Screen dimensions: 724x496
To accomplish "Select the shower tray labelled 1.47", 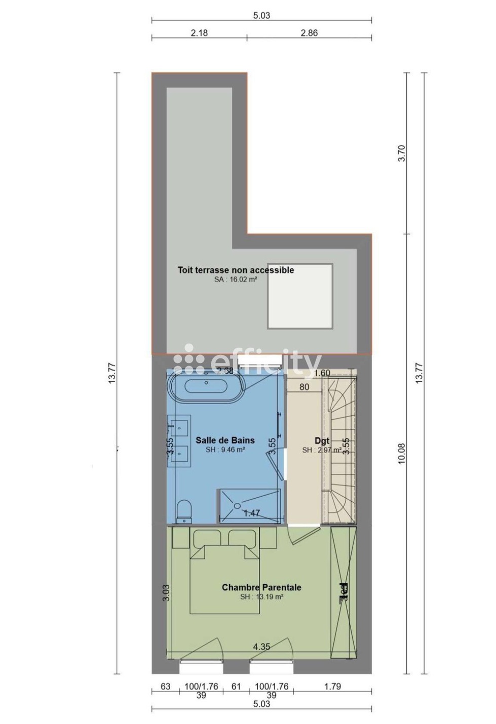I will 249,506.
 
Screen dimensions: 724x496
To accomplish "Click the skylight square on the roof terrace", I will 300,296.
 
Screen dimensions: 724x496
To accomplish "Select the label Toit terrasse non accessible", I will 236,270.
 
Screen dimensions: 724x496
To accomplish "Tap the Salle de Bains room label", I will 225,440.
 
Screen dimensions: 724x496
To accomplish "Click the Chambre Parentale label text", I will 261,587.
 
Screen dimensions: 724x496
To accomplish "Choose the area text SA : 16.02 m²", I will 236,279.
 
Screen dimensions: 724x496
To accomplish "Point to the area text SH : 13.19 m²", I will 261,597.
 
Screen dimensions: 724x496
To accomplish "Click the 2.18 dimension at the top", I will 199,33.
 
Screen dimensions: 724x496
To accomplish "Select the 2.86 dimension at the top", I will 309,33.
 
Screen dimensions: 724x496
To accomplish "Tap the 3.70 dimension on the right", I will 402,153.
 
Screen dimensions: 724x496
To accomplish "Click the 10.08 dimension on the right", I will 402,454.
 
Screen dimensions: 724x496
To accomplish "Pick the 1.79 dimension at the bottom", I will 332,687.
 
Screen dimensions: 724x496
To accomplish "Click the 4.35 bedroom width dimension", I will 261,647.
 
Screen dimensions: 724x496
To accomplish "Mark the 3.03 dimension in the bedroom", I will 166,593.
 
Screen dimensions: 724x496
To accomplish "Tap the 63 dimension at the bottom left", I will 165,687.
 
